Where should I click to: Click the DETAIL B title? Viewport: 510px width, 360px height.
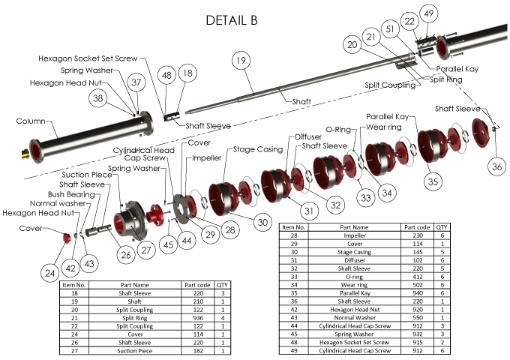click(232, 20)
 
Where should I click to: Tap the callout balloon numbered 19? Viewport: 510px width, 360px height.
click(240, 60)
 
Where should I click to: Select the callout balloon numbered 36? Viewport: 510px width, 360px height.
click(496, 165)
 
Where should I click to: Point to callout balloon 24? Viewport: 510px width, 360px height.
click(49, 273)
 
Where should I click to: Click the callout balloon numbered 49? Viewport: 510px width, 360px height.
click(428, 14)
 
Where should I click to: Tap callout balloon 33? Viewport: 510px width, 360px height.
click(365, 198)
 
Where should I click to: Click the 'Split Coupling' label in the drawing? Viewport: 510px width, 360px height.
click(390, 85)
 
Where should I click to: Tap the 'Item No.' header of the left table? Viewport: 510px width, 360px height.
click(74, 284)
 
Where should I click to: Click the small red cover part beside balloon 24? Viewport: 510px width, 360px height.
click(65, 238)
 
